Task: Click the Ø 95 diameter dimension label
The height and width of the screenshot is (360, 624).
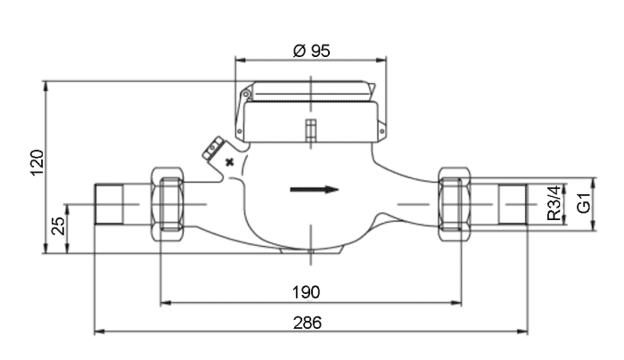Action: click(311, 51)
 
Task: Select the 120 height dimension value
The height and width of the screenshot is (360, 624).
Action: click(37, 163)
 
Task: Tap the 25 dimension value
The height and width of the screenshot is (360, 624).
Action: click(59, 226)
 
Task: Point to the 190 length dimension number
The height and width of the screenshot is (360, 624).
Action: click(306, 292)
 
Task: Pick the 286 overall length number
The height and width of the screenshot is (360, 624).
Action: click(308, 323)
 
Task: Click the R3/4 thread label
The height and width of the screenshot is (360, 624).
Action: click(554, 203)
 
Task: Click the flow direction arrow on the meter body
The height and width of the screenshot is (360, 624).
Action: click(315, 189)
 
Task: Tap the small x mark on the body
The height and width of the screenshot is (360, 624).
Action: click(230, 162)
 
